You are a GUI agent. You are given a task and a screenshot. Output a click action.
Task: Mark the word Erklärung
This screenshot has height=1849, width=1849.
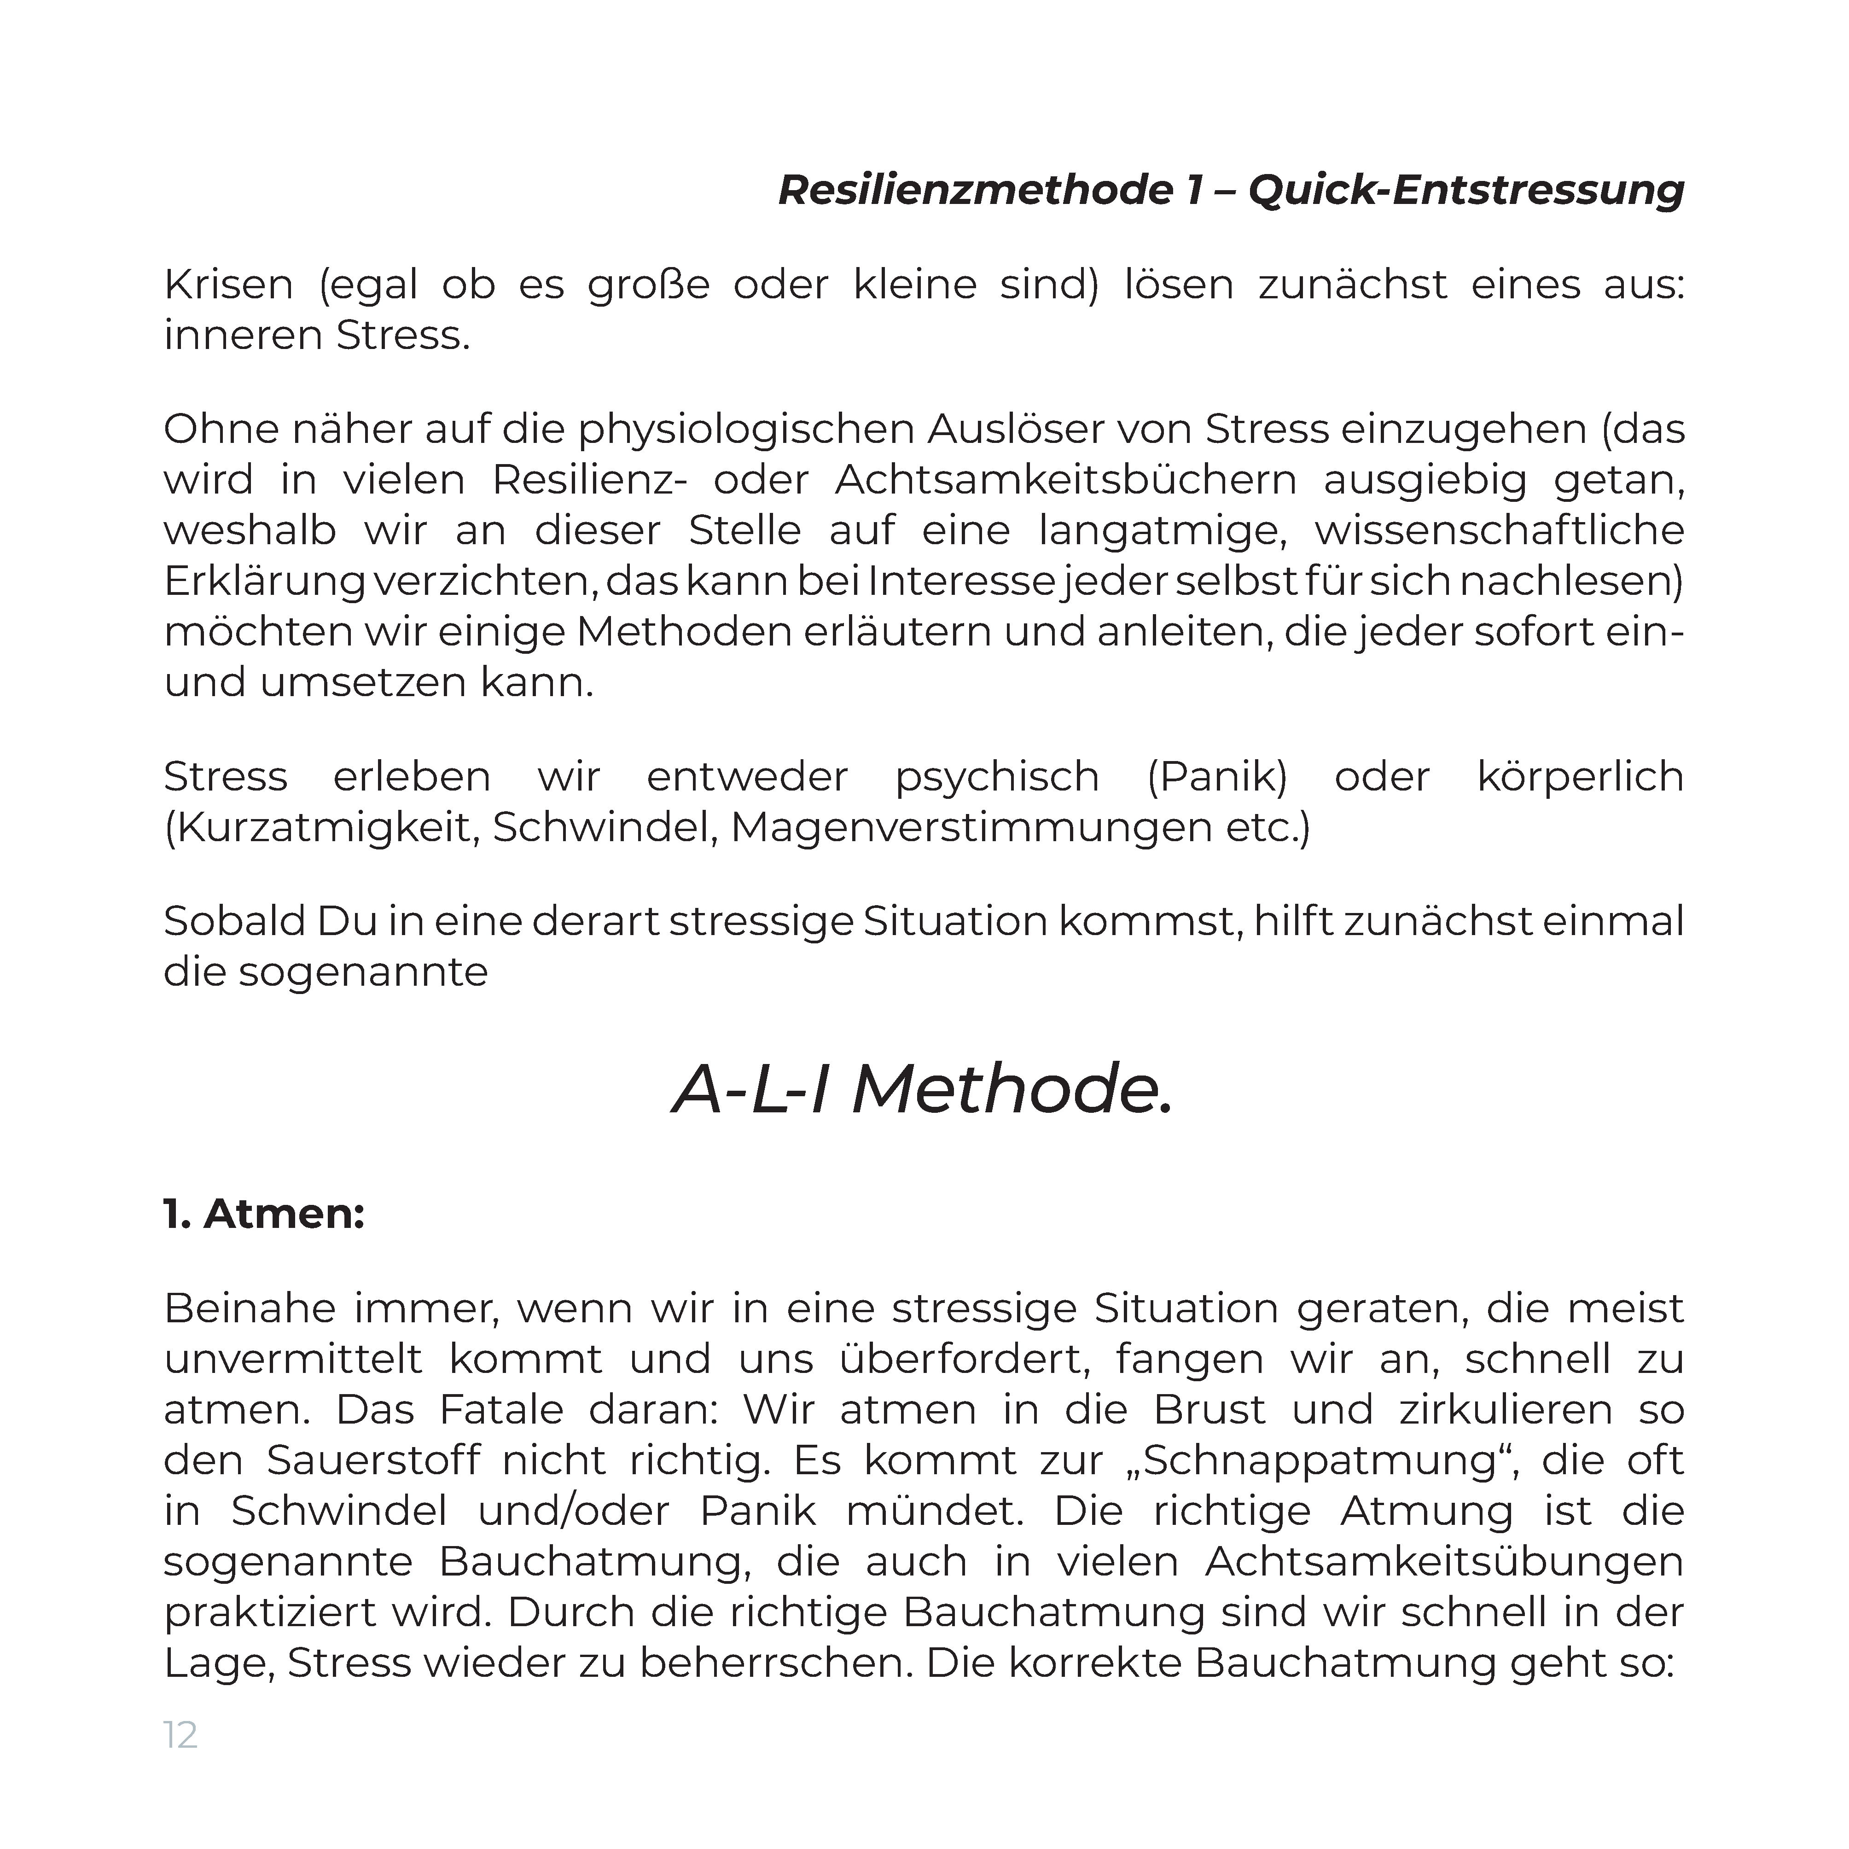[264, 582]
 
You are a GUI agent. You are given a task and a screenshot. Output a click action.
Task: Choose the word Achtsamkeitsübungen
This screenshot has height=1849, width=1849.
[1443, 1562]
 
